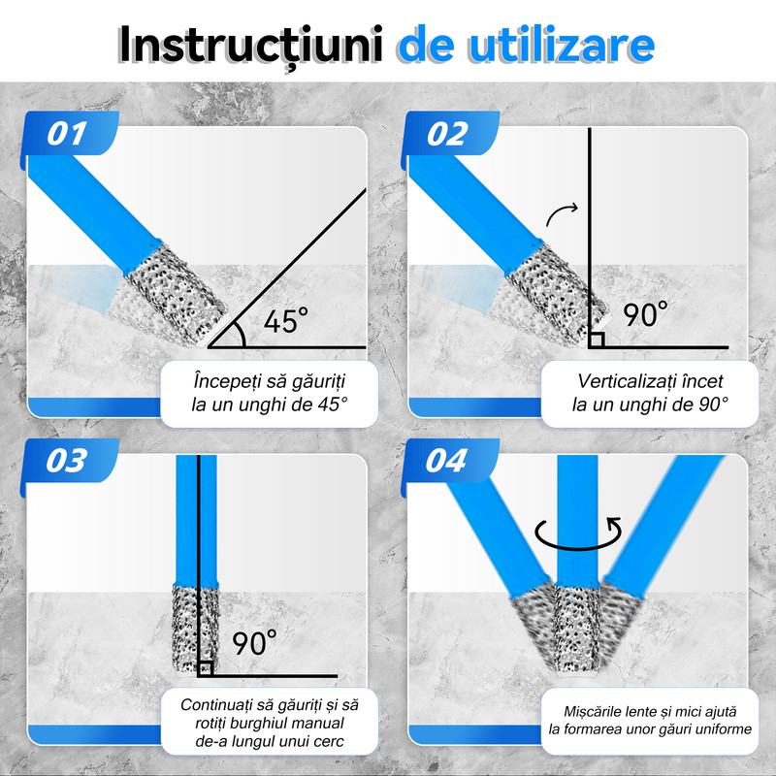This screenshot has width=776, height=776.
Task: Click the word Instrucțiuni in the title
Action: point(251,45)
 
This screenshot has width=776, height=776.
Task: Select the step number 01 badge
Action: point(70,134)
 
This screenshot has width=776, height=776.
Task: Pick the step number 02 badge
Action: point(450,134)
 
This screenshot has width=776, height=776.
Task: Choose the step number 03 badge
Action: point(70,461)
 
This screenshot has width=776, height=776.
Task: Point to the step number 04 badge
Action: point(450,461)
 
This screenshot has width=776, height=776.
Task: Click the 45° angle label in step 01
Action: point(286,321)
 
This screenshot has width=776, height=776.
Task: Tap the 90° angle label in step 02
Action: point(645,314)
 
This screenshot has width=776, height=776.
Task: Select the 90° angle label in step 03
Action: point(255,642)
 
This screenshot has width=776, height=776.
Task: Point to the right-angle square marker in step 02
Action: point(597,340)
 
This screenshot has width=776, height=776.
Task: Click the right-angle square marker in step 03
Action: point(206,668)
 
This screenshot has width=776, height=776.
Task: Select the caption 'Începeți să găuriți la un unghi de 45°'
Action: point(270,393)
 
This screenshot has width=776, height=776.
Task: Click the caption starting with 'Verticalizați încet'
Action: point(650,393)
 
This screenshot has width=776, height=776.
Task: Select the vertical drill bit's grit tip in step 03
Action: point(196,628)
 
